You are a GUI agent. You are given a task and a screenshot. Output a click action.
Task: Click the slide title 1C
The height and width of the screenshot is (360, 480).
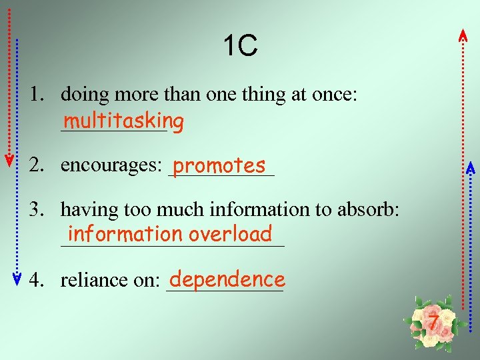point(240,47)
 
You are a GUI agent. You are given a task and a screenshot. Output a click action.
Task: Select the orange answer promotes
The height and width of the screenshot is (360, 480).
point(219,164)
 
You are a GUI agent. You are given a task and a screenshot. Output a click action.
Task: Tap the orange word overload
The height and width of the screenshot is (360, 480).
point(231,234)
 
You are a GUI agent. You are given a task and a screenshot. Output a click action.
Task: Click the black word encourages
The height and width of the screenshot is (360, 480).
point(109,165)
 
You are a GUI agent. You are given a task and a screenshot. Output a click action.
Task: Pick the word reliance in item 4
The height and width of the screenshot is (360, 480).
point(93,280)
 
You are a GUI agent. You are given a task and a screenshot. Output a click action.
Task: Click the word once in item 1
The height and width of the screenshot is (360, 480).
point(331,95)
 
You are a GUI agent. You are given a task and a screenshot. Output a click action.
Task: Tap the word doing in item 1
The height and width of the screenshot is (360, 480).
point(85,95)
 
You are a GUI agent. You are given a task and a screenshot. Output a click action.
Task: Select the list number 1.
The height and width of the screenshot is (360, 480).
point(36,95)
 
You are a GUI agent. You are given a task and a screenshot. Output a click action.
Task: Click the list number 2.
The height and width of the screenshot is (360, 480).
point(36,165)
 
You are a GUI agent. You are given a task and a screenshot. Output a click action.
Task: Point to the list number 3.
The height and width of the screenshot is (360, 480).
point(36,210)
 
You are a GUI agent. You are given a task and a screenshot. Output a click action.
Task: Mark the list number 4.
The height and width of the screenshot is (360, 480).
point(36,280)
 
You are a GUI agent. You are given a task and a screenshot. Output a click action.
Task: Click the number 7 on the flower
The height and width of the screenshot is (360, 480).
point(434,323)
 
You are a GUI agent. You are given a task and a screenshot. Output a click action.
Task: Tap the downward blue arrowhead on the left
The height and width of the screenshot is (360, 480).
point(19,279)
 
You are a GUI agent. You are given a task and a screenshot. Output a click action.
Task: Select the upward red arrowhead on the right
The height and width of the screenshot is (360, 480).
point(463,35)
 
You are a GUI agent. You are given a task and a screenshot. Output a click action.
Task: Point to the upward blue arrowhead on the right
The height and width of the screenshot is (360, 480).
point(469,167)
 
